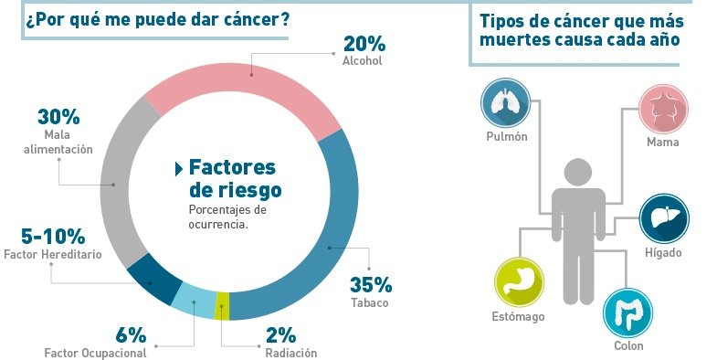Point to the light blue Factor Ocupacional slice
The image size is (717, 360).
click(194, 301)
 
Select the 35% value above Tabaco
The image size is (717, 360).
click(371, 284)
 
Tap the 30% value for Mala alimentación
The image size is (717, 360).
click(58, 117)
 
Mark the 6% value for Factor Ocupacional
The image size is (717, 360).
click(131, 334)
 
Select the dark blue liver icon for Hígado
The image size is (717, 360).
click(663, 218)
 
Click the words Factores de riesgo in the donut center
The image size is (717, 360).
click(234, 178)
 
